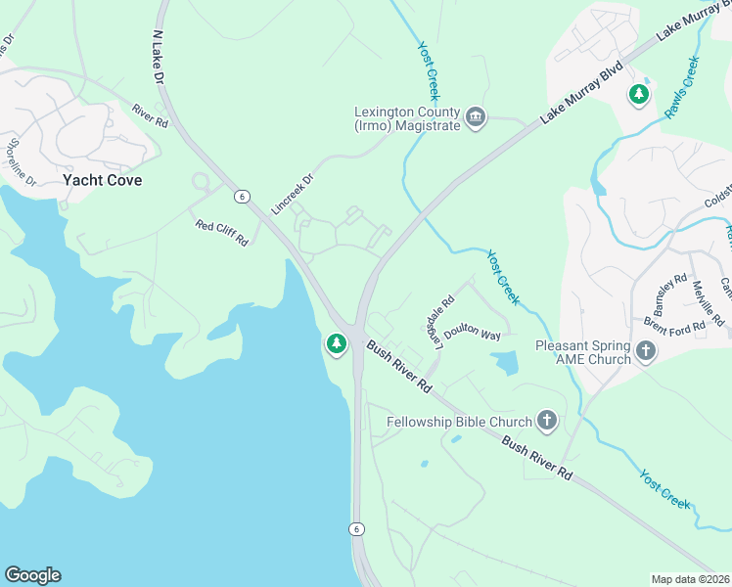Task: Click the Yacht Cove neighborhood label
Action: tap(102, 180)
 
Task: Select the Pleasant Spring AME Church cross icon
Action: tap(645, 351)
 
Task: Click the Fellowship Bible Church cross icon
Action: tap(546, 422)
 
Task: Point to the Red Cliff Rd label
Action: tap(221, 233)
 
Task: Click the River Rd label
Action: tap(150, 116)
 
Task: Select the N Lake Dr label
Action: tap(160, 58)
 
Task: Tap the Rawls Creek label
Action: tap(681, 89)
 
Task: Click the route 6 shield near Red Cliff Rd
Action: tap(241, 197)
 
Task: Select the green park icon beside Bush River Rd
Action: tap(337, 343)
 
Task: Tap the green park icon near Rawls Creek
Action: tap(639, 94)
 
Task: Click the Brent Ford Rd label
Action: tap(675, 326)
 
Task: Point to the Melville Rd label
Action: tap(707, 303)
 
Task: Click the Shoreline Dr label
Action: tap(22, 162)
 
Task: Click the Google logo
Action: tap(32, 575)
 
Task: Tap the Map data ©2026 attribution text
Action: tap(690, 579)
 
